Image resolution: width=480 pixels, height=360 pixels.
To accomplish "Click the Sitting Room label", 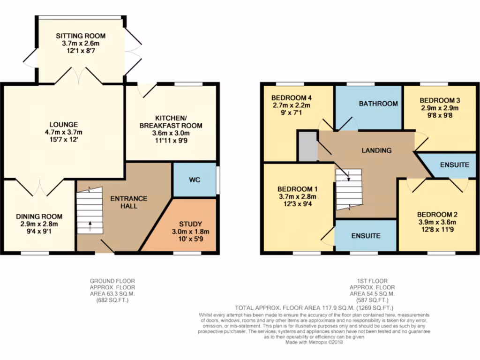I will [x=81, y=36].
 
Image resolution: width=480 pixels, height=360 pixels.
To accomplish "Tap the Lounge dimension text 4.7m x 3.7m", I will [x=58, y=133].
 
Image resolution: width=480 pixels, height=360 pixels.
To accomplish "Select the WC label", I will [x=195, y=180].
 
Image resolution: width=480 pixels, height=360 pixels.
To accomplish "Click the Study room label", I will [x=192, y=223].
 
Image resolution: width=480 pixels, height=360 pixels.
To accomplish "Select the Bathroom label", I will [x=378, y=104].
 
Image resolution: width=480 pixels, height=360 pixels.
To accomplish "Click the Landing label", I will [x=376, y=150].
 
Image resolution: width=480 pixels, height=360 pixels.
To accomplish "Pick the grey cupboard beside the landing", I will [x=307, y=146].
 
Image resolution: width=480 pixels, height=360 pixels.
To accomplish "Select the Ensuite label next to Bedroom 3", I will [x=454, y=165].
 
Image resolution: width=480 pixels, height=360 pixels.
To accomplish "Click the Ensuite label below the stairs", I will [x=366, y=236].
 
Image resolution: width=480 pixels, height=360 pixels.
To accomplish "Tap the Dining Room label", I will [x=39, y=217].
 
